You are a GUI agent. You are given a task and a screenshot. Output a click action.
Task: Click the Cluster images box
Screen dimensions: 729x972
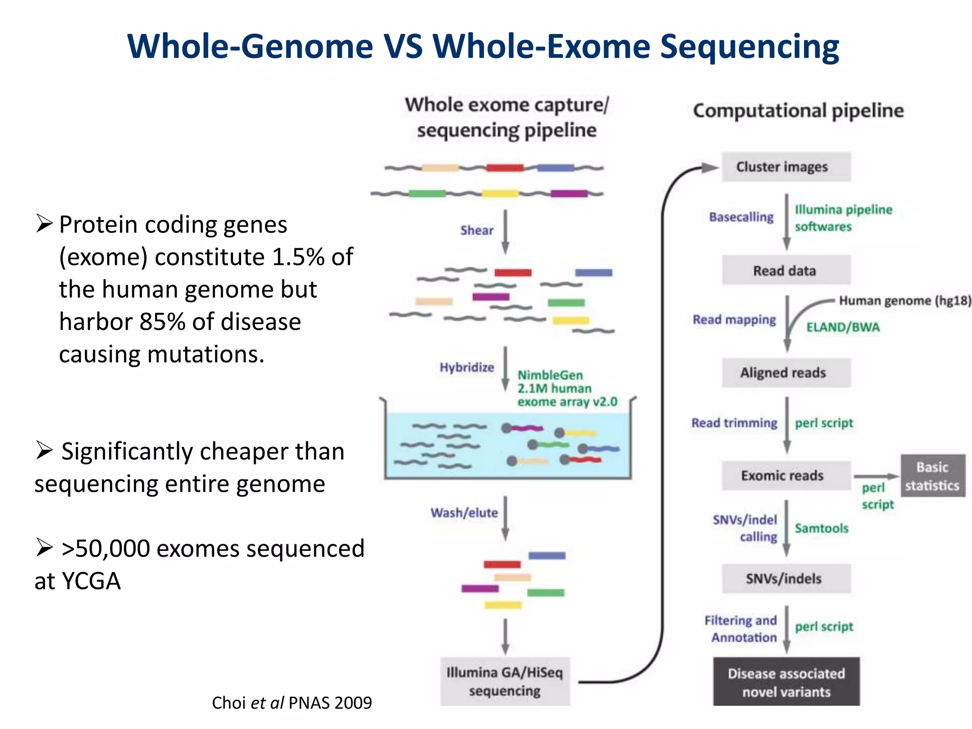coord(786,167)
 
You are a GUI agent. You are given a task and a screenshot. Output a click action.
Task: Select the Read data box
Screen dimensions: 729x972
coord(786,271)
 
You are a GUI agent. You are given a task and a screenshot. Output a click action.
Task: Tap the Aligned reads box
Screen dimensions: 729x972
coord(786,373)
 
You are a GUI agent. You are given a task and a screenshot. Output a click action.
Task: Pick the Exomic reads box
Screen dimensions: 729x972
coord(786,476)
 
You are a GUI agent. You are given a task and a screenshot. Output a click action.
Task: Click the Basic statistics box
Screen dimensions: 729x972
coord(933,476)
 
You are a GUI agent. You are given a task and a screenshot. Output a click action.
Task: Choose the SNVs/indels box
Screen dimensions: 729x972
coord(786,579)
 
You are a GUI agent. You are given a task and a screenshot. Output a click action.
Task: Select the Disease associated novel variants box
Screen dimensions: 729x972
coord(786,682)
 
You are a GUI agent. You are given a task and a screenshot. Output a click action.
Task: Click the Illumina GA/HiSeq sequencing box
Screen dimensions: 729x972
coord(505,682)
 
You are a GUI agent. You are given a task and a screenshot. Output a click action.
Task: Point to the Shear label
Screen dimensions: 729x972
coord(477,231)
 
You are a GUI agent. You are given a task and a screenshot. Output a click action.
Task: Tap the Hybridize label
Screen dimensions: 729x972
coord(467,367)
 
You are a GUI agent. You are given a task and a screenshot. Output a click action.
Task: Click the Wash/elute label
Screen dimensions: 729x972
coord(464,513)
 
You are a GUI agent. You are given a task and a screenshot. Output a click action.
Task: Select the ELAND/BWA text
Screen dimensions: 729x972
coord(843,327)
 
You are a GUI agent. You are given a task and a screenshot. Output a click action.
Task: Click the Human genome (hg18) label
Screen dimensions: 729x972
coord(905,300)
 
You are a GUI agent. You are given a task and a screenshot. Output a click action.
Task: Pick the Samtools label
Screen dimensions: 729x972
coord(822,528)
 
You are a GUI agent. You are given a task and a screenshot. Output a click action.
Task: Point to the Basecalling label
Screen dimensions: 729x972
coord(741,217)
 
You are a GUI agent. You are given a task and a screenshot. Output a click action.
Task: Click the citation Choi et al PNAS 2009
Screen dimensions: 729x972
coord(291,703)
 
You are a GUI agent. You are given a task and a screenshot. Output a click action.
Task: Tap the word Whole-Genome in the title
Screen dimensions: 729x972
coord(250,47)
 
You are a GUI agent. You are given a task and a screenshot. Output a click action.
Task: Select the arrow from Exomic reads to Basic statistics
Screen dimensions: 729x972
coord(876,476)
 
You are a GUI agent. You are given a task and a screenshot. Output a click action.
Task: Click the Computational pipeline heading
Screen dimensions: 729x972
coord(798,111)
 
